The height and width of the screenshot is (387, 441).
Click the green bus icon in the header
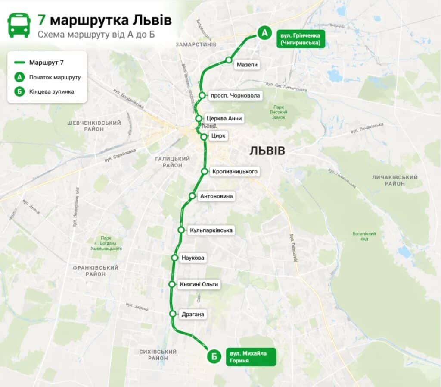(19, 25)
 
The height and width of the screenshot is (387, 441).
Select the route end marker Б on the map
(213, 356)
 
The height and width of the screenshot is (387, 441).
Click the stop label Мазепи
(247, 65)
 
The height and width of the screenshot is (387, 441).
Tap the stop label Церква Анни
(224, 118)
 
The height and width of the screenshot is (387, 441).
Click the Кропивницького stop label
(235, 171)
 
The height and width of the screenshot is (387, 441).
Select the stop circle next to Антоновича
(192, 196)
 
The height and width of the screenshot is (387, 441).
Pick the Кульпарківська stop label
(211, 230)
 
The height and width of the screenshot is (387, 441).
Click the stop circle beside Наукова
(175, 258)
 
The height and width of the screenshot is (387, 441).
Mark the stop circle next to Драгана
(173, 314)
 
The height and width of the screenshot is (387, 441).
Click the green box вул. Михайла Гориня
(251, 357)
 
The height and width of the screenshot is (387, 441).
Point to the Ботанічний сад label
(364, 236)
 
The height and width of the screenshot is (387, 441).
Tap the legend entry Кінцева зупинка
(52, 91)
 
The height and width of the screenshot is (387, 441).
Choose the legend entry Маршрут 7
(47, 63)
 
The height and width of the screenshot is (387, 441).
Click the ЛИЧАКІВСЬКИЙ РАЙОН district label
(394, 180)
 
